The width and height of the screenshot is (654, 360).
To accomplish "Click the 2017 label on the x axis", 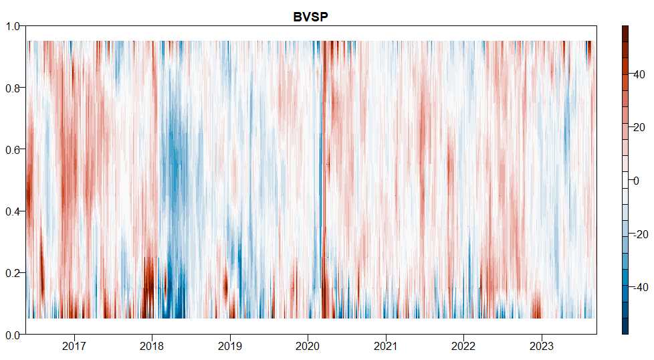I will tap(74, 347).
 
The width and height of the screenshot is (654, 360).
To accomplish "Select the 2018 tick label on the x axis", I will tap(152, 347).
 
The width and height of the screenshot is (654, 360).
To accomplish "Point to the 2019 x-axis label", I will tap(230, 347).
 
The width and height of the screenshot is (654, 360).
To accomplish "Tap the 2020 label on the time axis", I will tap(308, 347).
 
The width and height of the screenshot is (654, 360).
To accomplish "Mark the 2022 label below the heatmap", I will tap(463, 347).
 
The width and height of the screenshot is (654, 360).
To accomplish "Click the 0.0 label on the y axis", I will tap(14, 335).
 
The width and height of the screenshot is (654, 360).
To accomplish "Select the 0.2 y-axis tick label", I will tap(14, 273).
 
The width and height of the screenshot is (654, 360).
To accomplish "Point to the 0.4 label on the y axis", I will tap(14, 211).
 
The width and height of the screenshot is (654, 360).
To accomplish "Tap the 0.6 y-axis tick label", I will tap(14, 149).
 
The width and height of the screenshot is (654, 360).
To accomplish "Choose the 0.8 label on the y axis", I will tap(14, 88).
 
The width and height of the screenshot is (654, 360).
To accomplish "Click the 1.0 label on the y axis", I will tap(14, 26).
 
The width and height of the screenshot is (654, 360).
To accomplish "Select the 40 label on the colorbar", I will tap(639, 74).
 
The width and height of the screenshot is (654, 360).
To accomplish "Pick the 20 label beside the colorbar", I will tap(639, 127).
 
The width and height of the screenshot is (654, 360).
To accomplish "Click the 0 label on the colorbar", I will tap(637, 181).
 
